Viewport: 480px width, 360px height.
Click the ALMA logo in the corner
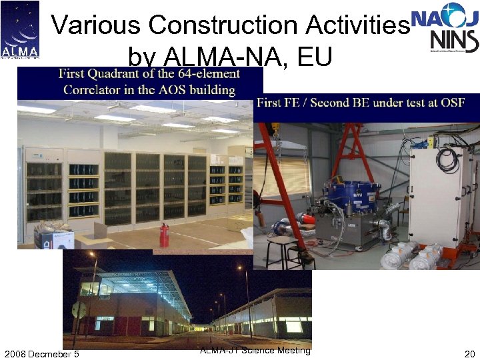click(x=20, y=30)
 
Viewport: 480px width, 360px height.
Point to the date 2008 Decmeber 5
click(x=41, y=353)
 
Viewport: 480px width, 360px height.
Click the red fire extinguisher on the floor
click(x=164, y=235)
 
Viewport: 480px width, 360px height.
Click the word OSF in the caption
click(x=451, y=102)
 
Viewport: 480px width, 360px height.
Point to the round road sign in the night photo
click(x=79, y=310)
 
